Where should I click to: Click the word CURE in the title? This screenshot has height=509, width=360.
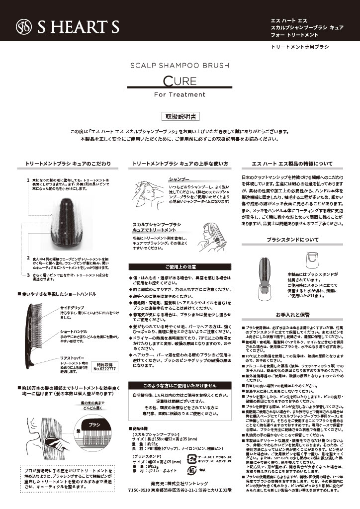tap(180, 81)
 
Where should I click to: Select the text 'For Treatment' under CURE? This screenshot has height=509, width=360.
tap(180, 94)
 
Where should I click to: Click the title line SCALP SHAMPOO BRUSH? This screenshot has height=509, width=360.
tap(180, 65)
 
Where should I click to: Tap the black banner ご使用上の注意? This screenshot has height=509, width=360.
tap(180, 266)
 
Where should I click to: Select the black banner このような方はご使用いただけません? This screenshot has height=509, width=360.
tap(180, 385)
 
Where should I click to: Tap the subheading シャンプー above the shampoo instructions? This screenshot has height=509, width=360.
tap(179, 178)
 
